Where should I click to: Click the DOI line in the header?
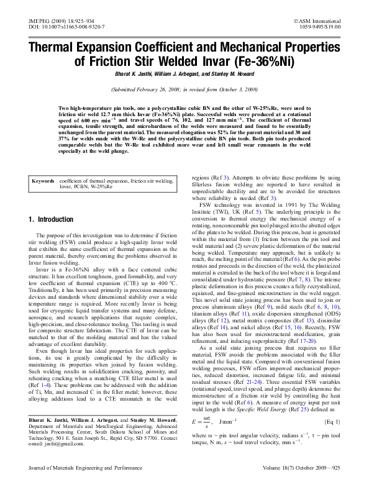pyautogui.click(x=68, y=28)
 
